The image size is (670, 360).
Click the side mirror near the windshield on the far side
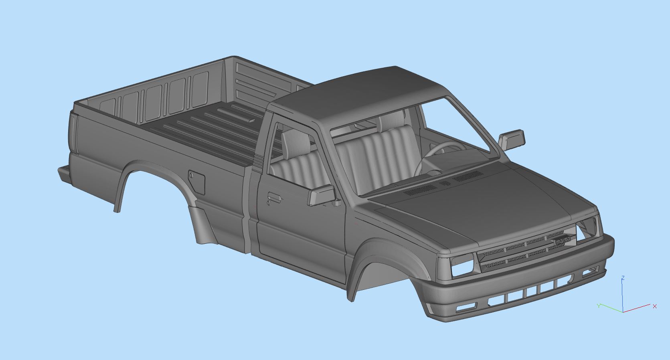coord(513,139)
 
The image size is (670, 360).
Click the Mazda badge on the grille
coord(563,241)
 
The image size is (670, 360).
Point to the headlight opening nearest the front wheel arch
coord(462,266)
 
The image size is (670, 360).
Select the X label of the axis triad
coord(655,306)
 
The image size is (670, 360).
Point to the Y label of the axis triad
coord(599,305)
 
